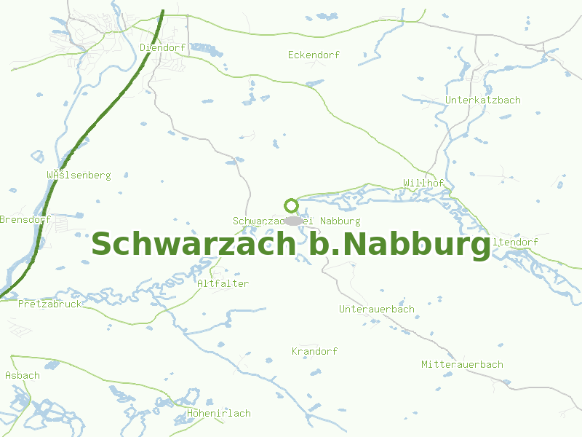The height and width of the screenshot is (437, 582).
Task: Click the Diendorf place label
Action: (163, 47)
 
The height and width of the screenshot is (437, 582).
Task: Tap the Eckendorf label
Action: (314, 55)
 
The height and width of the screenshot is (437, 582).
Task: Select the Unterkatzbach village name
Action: (482, 100)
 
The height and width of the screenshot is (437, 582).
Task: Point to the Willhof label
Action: (423, 182)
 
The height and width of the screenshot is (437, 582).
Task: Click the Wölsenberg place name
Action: (78, 175)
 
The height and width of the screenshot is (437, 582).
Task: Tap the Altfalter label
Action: (223, 283)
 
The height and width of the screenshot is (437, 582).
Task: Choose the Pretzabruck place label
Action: (49, 304)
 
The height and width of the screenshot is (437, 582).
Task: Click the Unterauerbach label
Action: (376, 309)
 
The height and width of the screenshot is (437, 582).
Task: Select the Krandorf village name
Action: (314, 351)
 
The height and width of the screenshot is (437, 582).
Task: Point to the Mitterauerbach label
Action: (462, 364)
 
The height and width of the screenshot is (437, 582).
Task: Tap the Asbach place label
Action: (23, 375)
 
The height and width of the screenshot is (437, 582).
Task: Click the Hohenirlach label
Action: (218, 413)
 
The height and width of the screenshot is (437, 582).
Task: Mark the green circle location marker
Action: (291, 205)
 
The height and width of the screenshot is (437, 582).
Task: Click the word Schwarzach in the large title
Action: (192, 244)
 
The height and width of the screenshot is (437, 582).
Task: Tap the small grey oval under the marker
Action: (292, 220)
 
